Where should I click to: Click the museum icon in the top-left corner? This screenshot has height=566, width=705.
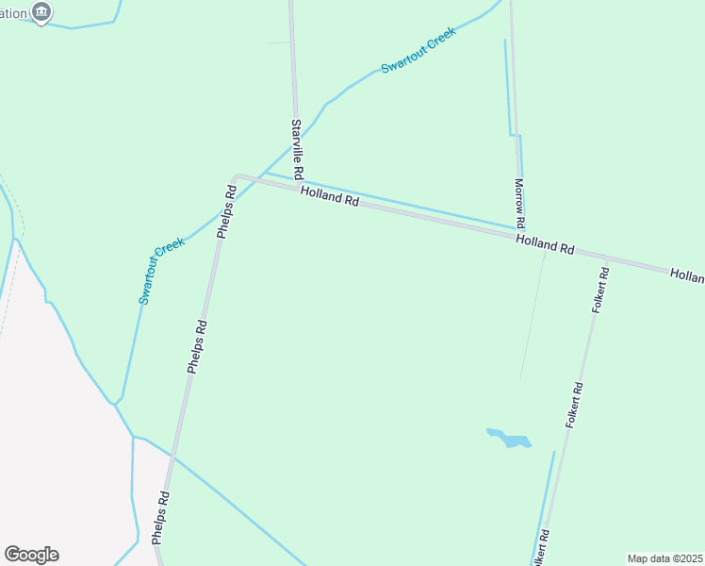pyautogui.click(x=41, y=12)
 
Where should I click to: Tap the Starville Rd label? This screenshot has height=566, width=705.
pyautogui.click(x=297, y=150)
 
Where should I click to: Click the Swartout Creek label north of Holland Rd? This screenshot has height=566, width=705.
pyautogui.click(x=418, y=50)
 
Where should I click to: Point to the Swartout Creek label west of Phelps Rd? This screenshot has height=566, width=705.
pyautogui.click(x=162, y=271)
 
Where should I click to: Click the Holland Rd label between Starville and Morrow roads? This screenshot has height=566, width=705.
pyautogui.click(x=330, y=196)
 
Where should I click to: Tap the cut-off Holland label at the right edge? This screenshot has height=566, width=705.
pyautogui.click(x=687, y=275)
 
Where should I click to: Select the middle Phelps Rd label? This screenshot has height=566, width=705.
pyautogui.click(x=196, y=346)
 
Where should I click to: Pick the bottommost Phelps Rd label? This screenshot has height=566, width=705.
pyautogui.click(x=161, y=518)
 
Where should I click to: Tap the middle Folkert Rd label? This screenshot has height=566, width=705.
pyautogui.click(x=575, y=406)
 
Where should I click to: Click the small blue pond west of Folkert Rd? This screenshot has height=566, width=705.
pyautogui.click(x=510, y=439)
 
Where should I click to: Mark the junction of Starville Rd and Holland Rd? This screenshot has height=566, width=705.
pyautogui.click(x=301, y=185)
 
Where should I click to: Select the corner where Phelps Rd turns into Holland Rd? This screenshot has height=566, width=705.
pyautogui.click(x=236, y=176)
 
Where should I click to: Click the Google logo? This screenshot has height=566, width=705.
pyautogui.click(x=31, y=555)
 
